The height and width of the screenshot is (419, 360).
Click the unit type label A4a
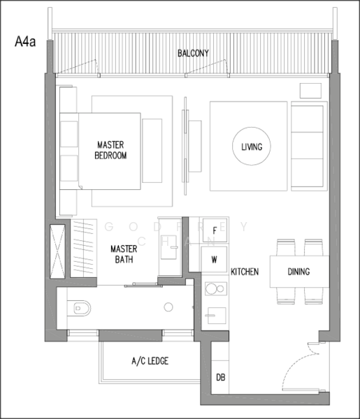pyautogui.click(x=26, y=42)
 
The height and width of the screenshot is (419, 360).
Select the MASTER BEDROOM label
pyautogui.click(x=111, y=150)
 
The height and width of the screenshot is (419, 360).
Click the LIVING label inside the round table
pyautogui.click(x=251, y=147)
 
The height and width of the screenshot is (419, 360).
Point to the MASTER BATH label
pyautogui.click(x=123, y=253)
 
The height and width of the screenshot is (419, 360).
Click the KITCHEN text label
pyautogui.click(x=245, y=272)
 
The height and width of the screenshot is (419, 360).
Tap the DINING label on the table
pyautogui.click(x=298, y=272)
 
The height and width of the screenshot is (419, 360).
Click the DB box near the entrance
pyautogui.click(x=221, y=378)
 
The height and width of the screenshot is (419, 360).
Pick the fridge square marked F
pyautogui.click(x=215, y=230)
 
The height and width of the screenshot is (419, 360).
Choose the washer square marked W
pyautogui.click(x=215, y=260)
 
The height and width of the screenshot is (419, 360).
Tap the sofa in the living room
pyautogui.click(x=307, y=147)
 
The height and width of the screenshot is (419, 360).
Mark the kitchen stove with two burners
pyautogui.click(x=214, y=290)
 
